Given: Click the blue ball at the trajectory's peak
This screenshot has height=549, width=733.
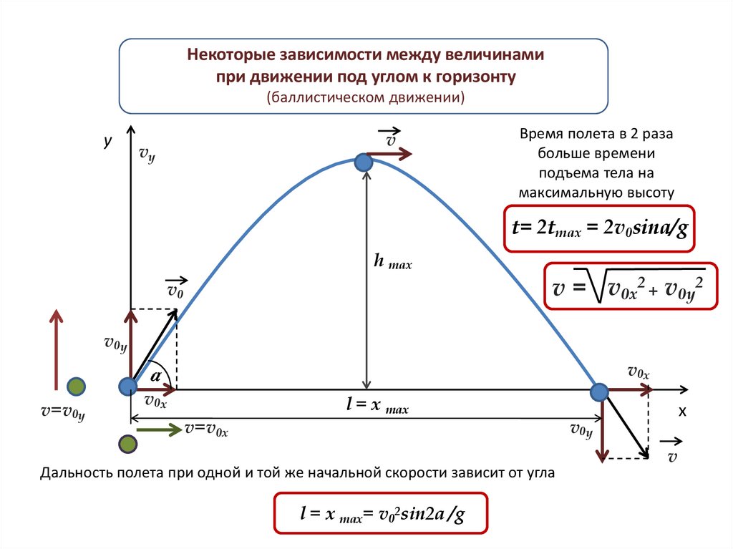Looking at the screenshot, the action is (x=364, y=163).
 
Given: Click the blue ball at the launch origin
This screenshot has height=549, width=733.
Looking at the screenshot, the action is (x=127, y=387).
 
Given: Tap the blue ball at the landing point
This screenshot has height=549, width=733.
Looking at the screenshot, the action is (x=598, y=392).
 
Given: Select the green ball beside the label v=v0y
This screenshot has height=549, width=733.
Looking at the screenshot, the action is (x=76, y=387).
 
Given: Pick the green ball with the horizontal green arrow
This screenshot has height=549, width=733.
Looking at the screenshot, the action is (x=127, y=444).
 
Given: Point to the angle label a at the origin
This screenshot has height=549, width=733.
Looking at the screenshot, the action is (x=155, y=374).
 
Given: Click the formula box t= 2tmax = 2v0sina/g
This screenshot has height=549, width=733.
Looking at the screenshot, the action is (x=599, y=228).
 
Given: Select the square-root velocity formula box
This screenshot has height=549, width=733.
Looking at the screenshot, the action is (x=631, y=286).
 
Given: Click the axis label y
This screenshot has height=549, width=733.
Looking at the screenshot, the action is (x=107, y=142).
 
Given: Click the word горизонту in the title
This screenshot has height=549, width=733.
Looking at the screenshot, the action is (x=476, y=76).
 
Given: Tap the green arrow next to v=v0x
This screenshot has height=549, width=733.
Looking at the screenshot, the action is (x=160, y=429).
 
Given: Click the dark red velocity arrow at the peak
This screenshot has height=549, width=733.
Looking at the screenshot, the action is (x=390, y=153).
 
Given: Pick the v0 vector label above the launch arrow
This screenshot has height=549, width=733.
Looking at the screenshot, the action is (x=176, y=288).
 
